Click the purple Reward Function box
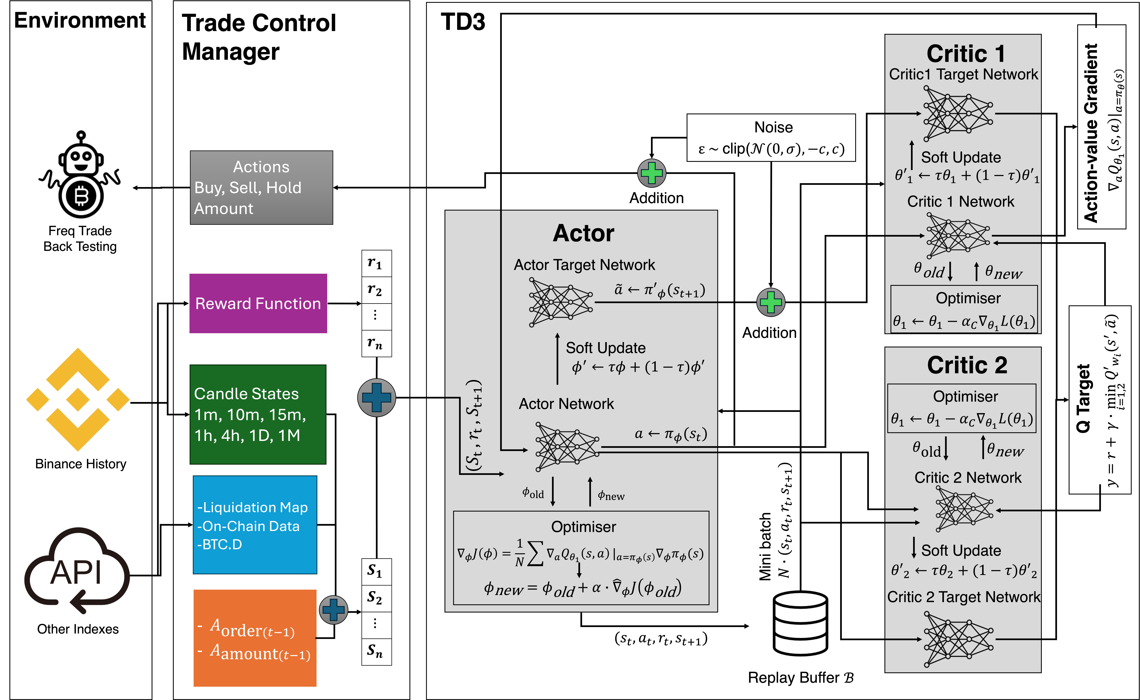point(258,303)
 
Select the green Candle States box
point(258,414)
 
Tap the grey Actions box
point(261,187)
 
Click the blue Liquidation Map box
point(255,524)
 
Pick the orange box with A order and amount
point(255,638)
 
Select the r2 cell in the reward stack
point(376,290)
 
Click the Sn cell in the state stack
point(376,652)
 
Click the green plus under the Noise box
point(771,302)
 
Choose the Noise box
point(771,138)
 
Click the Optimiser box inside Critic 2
point(961,408)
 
